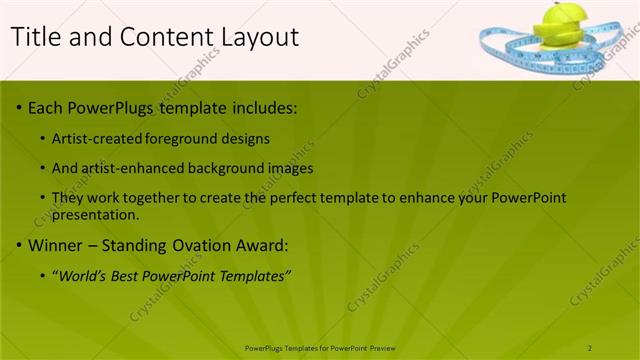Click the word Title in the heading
34,37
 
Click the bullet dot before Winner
19,245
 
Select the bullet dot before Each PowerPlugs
19,107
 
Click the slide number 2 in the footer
590,347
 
